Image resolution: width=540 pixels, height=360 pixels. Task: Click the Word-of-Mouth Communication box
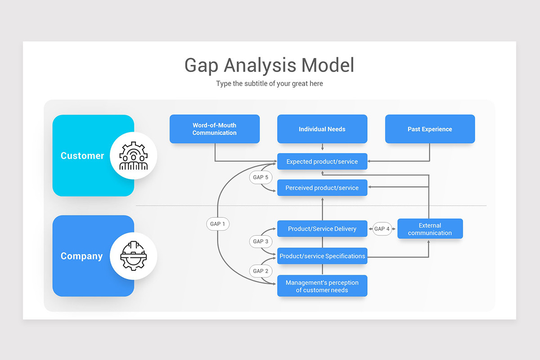click(214, 129)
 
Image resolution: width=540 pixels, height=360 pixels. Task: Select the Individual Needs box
click(322, 129)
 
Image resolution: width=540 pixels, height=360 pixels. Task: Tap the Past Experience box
click(430, 129)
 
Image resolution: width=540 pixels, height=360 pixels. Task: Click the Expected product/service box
click(322, 162)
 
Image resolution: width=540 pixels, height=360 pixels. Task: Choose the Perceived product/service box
click(322, 188)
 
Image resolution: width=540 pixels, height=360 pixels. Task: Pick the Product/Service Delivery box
click(322, 229)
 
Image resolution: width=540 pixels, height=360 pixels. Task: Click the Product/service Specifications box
click(322, 256)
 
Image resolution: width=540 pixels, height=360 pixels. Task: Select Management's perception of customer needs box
click(322, 286)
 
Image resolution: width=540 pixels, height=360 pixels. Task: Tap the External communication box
click(430, 229)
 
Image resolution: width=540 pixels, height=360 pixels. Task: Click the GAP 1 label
click(218, 224)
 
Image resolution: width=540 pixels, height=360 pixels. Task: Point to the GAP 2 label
click(261, 271)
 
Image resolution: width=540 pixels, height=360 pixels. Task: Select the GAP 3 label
click(261, 242)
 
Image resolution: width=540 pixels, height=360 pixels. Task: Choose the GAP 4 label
click(382, 229)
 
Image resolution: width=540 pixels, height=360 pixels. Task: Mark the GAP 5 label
click(261, 177)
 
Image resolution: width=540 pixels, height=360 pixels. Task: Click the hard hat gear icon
click(133, 256)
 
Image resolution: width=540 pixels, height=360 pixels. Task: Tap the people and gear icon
click(133, 156)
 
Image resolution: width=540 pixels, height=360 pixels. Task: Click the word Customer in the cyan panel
click(82, 156)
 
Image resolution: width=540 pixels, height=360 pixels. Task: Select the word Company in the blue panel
click(81, 256)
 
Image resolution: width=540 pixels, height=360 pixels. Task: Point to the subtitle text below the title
click(269, 84)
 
